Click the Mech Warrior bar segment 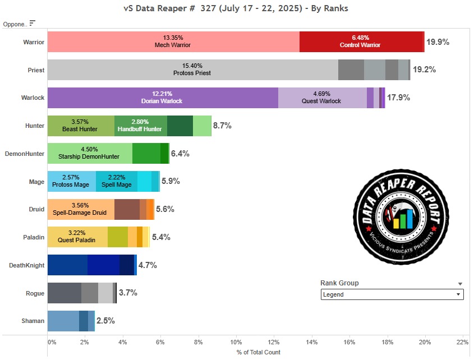pyautogui.click(x=173, y=42)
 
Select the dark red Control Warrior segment pyautogui.click(x=361, y=42)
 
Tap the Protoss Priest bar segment pyautogui.click(x=192, y=70)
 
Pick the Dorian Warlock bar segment pyautogui.click(x=163, y=98)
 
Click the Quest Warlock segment pyautogui.click(x=322, y=98)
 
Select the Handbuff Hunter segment pyautogui.click(x=141, y=126)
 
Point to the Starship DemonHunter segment pyautogui.click(x=90, y=153)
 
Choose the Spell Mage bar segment pyautogui.click(x=117, y=181)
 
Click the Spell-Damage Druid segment pyautogui.click(x=81, y=209)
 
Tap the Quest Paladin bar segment pyautogui.click(x=77, y=237)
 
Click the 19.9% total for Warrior pyautogui.click(x=438, y=42)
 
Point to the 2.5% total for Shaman pyautogui.click(x=105, y=321)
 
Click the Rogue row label pyautogui.click(x=34, y=293)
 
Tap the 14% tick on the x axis pyautogui.click(x=312, y=342)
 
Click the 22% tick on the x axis pyautogui.click(x=462, y=342)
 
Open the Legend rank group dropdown pyautogui.click(x=392, y=294)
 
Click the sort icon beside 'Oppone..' pyautogui.click(x=32, y=23)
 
